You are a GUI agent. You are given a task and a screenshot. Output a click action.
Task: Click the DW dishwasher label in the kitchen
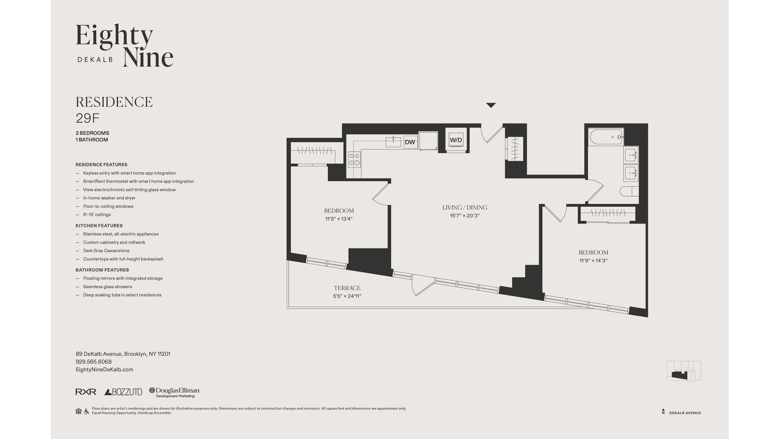click(410, 142)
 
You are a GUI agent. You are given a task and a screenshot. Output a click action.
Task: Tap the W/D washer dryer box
click(455, 140)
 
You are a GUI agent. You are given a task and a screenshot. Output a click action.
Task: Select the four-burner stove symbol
click(354, 159)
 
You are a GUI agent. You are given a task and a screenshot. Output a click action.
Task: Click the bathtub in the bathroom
click(606, 137)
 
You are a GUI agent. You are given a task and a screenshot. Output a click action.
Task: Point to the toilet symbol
click(628, 191)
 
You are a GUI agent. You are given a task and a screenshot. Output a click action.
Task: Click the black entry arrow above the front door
click(491, 105)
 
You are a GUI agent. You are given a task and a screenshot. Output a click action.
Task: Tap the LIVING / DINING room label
click(464, 207)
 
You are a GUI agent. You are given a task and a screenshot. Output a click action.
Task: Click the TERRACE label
click(347, 288)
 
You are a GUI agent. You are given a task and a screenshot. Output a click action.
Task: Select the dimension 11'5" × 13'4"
click(338, 219)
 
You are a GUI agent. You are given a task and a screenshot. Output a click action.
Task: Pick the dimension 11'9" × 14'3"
click(593, 261)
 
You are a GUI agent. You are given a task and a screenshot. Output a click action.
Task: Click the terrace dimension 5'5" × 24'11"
click(347, 296)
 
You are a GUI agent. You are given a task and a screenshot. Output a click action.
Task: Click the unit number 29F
click(87, 118)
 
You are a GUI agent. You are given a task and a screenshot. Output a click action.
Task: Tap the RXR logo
click(86, 392)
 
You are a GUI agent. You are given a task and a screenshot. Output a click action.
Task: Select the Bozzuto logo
click(123, 392)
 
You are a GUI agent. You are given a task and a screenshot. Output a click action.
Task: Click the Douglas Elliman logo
click(174, 392)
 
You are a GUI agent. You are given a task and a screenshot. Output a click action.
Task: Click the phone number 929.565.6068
click(93, 362)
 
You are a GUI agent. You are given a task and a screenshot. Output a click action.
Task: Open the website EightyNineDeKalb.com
click(104, 369)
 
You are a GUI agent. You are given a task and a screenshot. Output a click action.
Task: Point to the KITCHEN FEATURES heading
click(99, 226)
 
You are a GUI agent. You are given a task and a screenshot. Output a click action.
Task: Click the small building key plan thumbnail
click(684, 371)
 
